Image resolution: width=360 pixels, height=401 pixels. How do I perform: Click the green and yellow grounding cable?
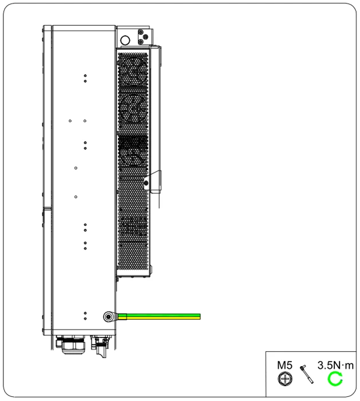(159, 316)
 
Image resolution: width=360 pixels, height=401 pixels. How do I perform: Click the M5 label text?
(284, 365)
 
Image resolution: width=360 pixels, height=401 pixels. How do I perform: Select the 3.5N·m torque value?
(335, 365)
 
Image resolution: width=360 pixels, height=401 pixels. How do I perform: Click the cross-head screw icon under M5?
(285, 379)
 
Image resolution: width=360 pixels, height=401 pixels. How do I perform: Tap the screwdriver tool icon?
(307, 374)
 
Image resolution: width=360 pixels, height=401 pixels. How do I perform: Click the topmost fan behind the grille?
(133, 70)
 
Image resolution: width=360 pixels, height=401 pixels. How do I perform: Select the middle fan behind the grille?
(133, 109)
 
